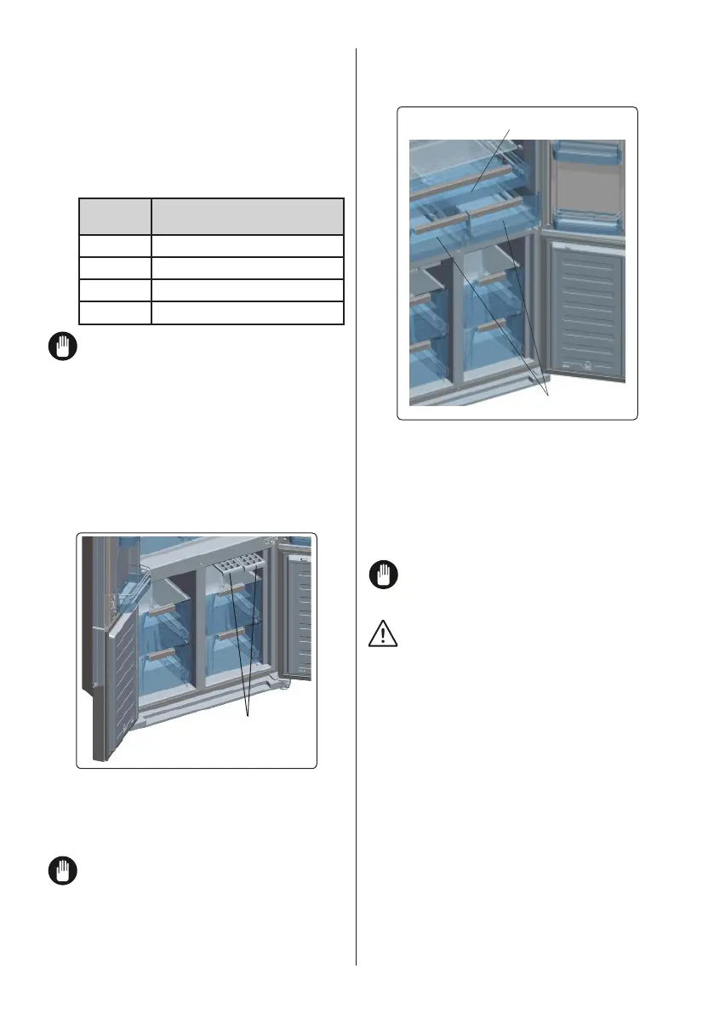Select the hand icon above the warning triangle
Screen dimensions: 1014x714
381,576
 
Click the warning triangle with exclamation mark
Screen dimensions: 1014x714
381,633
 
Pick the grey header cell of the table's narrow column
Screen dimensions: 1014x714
115,216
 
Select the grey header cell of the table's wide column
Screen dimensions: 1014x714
247,216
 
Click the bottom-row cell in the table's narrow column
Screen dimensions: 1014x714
115,312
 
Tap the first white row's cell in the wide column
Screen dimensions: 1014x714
247,246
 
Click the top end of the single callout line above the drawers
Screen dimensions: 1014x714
510,129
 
